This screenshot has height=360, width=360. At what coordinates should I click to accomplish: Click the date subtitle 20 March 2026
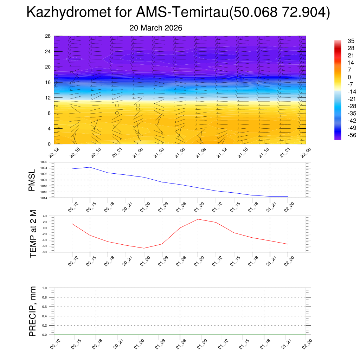156,28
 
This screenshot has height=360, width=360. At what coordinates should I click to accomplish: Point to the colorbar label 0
349,77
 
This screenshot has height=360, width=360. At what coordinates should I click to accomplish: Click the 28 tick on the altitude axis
48,36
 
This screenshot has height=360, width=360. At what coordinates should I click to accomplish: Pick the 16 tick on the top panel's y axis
48,82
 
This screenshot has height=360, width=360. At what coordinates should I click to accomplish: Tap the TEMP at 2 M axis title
33,233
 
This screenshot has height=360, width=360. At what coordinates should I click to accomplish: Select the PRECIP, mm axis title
33,311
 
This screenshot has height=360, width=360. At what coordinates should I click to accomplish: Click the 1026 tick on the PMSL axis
44,162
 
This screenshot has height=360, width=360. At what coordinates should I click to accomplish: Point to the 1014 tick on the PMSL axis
44,198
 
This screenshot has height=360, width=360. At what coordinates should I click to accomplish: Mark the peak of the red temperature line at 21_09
198,219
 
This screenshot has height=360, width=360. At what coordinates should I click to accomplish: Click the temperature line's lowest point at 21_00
144,248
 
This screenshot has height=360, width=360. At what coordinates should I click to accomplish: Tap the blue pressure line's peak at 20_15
90,167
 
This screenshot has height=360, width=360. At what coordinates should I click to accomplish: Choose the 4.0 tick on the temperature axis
45,216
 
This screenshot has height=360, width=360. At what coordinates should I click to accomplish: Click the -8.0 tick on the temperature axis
44,252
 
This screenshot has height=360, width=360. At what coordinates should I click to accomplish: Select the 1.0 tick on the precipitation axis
45,288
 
